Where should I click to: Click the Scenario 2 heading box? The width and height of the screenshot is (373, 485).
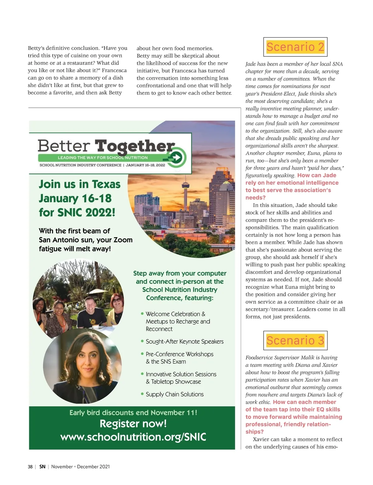295,47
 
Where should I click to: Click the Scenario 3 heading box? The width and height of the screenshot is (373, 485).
295,341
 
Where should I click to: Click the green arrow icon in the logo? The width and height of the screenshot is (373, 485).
177,158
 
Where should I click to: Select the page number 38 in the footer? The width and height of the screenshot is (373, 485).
30,467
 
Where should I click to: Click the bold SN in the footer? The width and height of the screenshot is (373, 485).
43,467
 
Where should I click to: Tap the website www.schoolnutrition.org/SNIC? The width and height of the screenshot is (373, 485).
133,437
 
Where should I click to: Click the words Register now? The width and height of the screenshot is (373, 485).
133,424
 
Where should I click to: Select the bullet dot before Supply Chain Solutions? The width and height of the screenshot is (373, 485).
142,394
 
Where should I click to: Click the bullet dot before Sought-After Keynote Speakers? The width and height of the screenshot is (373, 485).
142,341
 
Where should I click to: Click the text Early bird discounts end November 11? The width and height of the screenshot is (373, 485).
133,413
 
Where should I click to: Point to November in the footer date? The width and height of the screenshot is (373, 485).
62,467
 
